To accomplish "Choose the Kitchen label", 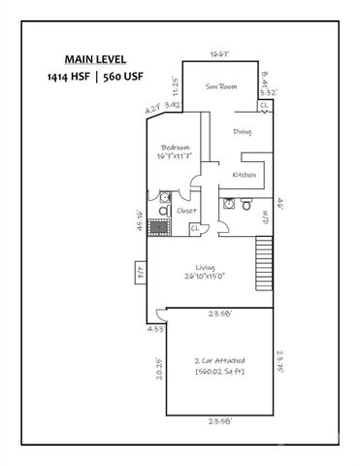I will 244,175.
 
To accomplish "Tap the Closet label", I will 185,209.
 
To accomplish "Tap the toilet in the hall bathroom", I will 246,205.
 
